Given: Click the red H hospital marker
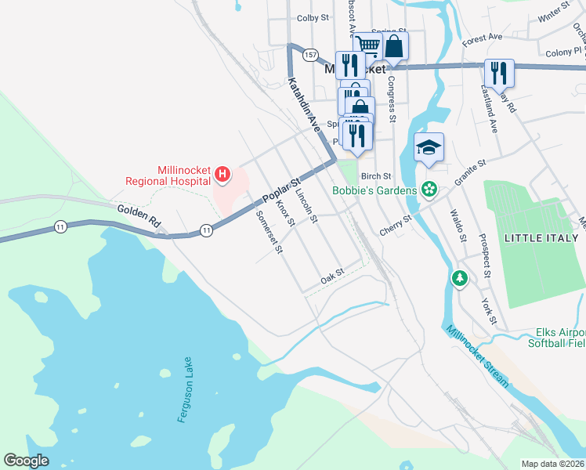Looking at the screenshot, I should (222, 174).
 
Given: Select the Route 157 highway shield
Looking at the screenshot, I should (311, 55).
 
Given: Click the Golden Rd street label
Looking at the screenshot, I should (139, 216).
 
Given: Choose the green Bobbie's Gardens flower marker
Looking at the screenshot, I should (429, 189).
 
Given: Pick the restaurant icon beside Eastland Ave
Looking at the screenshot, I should (499, 73).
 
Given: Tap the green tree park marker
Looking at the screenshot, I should (460, 278).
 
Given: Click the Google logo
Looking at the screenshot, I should (27, 461).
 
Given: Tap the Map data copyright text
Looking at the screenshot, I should (553, 464).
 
